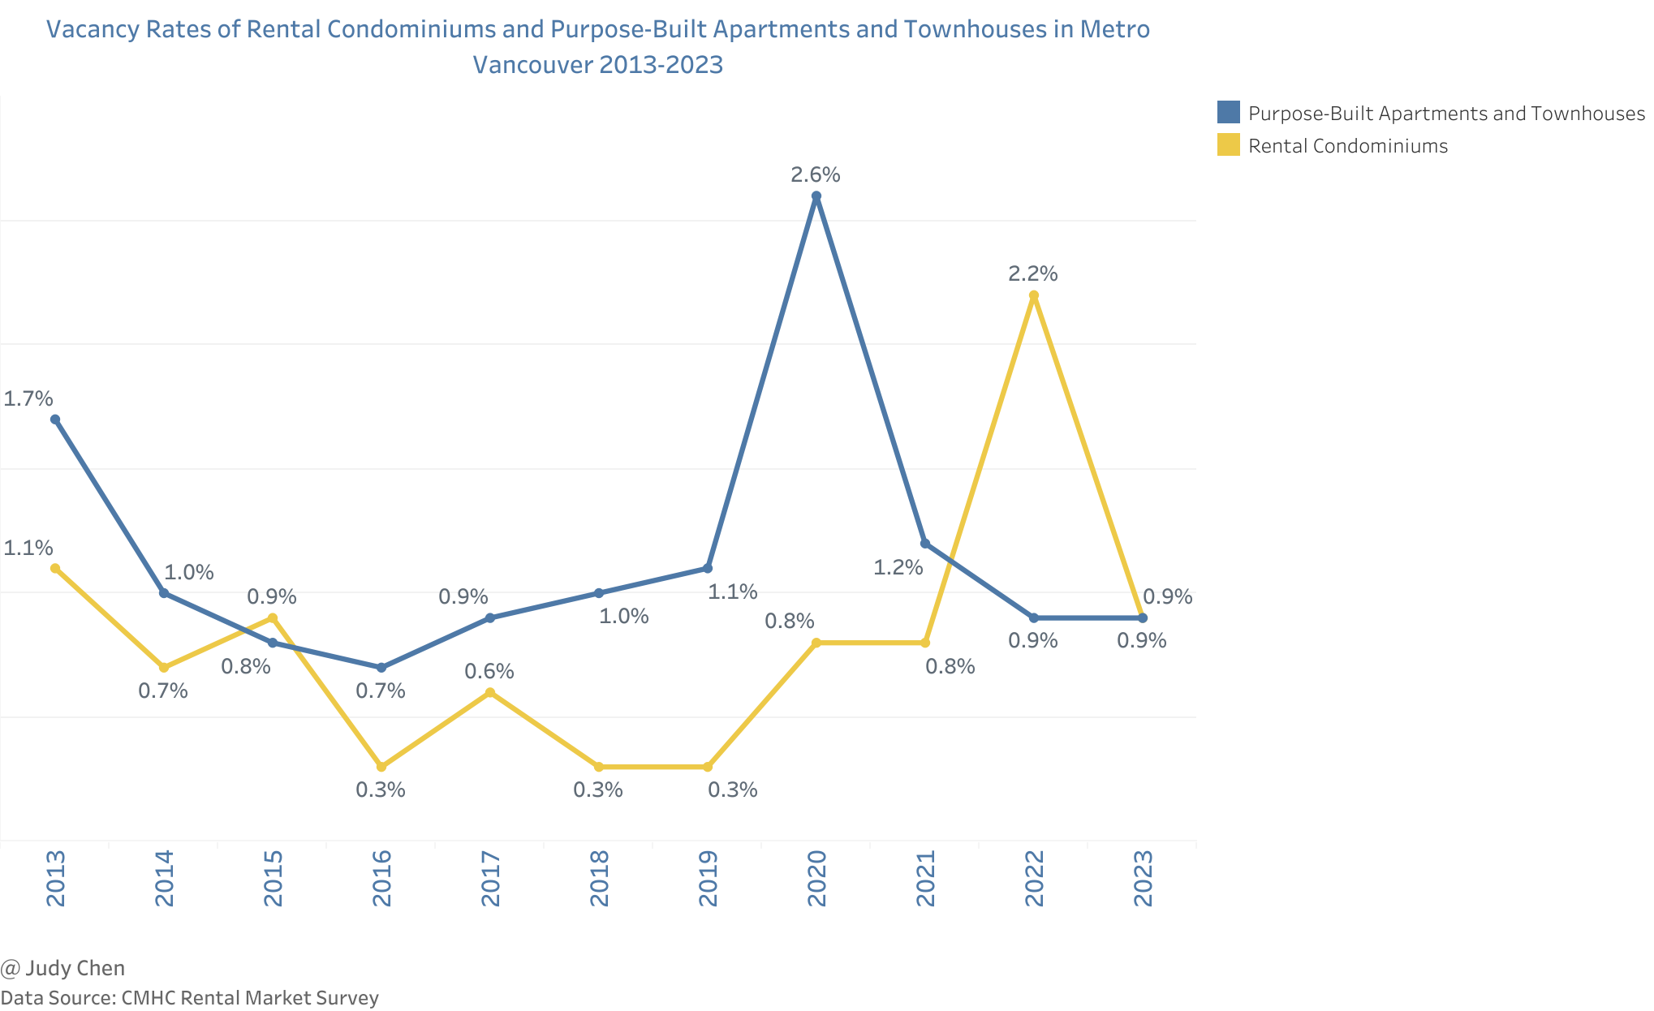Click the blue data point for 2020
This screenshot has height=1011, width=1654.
[816, 196]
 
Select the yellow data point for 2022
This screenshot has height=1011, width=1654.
[1033, 295]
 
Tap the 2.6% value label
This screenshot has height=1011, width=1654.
[816, 174]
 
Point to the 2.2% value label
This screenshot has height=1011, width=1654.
[1033, 274]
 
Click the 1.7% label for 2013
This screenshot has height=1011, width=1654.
[28, 398]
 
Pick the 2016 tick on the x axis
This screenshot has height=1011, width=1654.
[381, 878]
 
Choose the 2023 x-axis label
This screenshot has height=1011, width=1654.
[1143, 878]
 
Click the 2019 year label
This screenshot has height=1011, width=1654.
[708, 878]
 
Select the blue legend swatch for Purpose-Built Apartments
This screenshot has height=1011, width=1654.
[1229, 112]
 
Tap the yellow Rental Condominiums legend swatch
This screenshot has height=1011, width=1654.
[1229, 144]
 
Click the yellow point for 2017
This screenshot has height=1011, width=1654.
[490, 692]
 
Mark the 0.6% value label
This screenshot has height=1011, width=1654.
[489, 671]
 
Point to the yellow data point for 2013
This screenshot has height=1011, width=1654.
[55, 568]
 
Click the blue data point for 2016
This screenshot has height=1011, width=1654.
[381, 667]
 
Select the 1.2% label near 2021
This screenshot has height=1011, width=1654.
[898, 567]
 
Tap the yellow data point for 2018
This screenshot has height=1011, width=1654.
[599, 767]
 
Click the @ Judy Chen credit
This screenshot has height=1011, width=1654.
[63, 968]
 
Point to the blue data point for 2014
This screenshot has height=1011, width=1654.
[164, 593]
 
